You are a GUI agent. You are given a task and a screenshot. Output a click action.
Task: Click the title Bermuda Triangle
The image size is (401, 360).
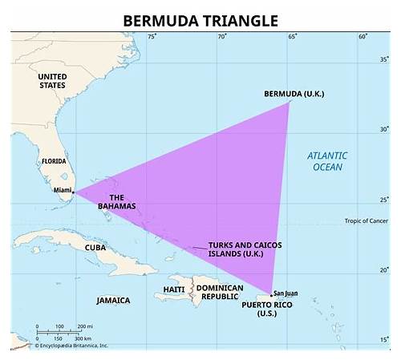[x=200, y=19]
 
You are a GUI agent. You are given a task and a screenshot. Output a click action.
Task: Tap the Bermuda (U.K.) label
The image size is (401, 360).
[x=294, y=94]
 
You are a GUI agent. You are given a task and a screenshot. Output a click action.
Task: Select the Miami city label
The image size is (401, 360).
[x=62, y=190]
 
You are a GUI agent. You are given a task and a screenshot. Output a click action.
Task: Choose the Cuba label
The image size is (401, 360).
[x=95, y=248]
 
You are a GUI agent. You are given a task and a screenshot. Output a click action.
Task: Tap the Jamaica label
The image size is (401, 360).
[x=113, y=301]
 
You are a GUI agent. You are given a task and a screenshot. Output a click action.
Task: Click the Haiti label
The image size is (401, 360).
[x=174, y=289]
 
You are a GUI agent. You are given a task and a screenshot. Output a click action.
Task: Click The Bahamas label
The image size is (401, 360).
[x=117, y=201]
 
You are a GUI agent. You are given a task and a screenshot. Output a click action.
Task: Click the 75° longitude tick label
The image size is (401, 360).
[x=152, y=36]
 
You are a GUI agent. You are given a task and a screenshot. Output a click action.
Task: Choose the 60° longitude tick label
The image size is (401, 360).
[x=363, y=36]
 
